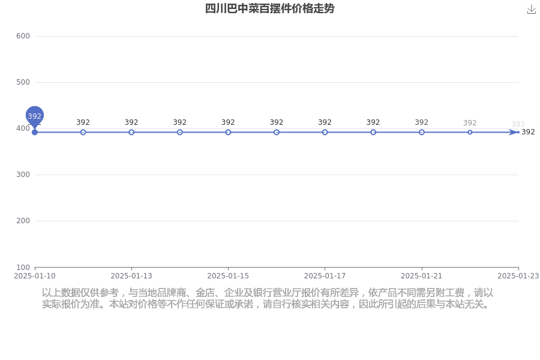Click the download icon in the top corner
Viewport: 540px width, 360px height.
pos(532,10)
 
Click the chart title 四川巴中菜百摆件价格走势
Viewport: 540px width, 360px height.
pos(269,8)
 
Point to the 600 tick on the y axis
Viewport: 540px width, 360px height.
pos(23,36)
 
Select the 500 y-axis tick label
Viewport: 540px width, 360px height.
pos(23,82)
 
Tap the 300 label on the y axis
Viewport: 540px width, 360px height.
pos(23,175)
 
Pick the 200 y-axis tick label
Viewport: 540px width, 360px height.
pos(23,221)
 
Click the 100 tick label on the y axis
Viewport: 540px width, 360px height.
pos(23,268)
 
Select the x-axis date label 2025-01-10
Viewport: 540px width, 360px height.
pos(34,276)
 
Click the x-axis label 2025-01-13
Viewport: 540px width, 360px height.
pos(131,276)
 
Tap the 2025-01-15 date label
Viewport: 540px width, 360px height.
pos(228,276)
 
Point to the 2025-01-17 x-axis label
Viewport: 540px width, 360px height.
pos(325,276)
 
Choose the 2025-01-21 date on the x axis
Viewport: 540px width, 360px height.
pos(422,276)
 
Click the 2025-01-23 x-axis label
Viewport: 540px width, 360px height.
pos(518,276)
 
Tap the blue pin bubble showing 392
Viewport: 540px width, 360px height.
pos(34,116)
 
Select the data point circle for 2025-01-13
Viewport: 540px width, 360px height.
pos(131,132)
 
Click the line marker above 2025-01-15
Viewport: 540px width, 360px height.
pos(228,132)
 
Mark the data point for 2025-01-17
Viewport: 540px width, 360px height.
pos(325,132)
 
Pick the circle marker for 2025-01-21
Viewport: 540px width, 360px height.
pos(422,132)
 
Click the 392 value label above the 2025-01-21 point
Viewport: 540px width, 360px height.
pos(422,122)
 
